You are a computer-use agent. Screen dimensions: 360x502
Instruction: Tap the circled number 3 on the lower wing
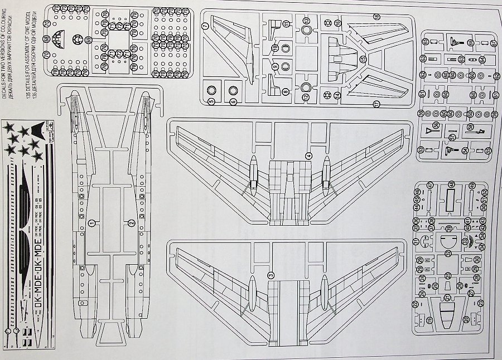point(271,275)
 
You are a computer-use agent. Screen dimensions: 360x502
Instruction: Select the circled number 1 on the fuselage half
point(91,223)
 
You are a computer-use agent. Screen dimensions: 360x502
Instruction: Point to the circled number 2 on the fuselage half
point(130,223)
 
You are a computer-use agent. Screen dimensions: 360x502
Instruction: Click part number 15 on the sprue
point(362,59)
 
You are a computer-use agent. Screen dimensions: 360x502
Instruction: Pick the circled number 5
point(212,101)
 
